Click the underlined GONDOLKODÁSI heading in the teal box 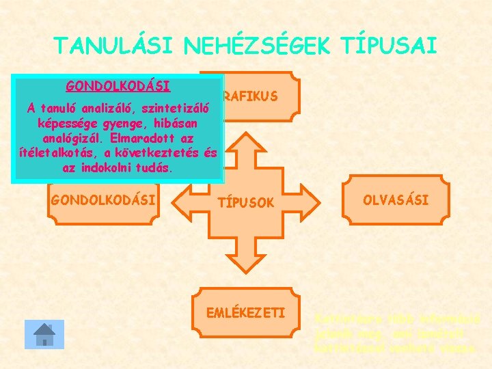118,87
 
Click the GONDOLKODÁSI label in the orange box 103,200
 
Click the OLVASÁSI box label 396,200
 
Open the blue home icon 44,334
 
